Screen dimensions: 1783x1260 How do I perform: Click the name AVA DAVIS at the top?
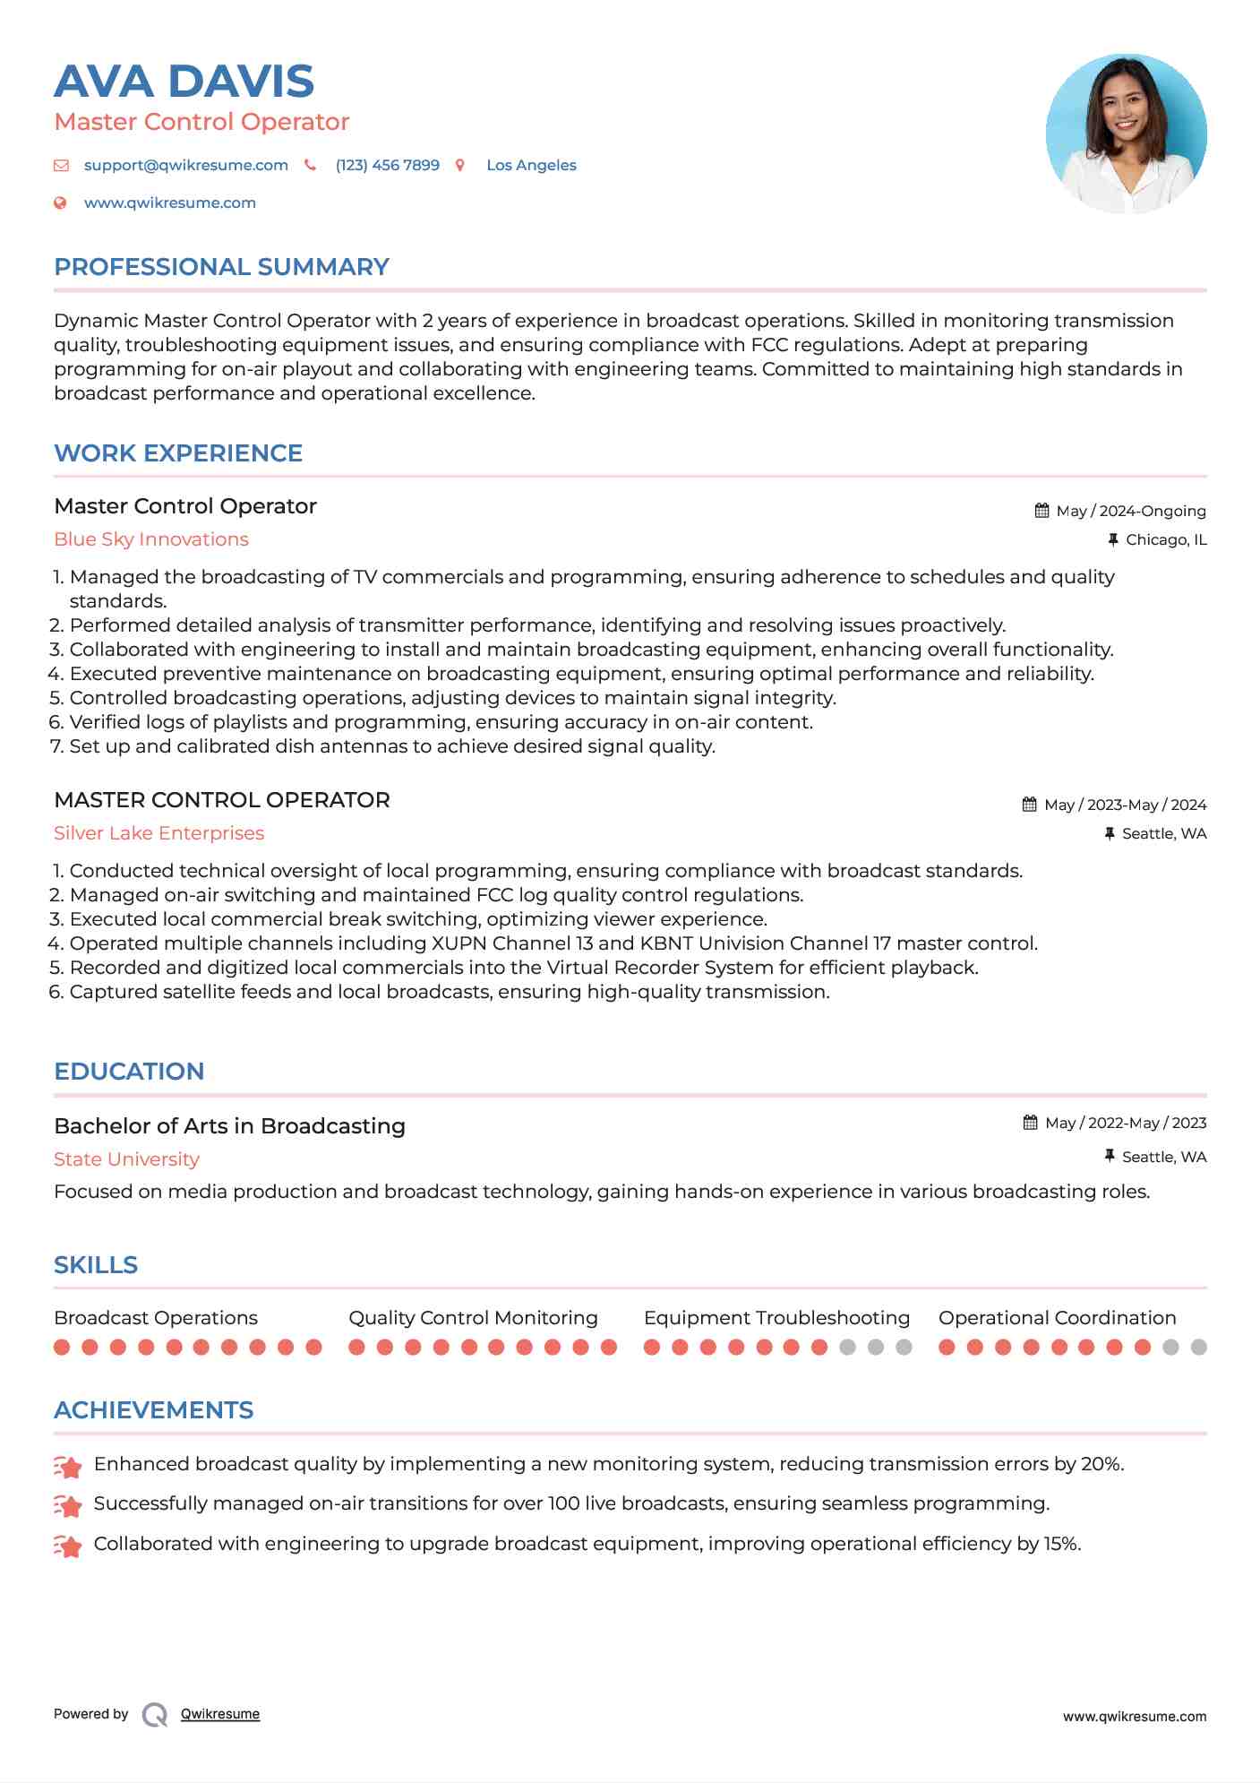click(x=184, y=82)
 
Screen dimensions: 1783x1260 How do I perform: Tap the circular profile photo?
click(x=1126, y=134)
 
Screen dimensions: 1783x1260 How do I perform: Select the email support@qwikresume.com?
click(x=185, y=166)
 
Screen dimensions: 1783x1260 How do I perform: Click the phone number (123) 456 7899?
click(x=387, y=166)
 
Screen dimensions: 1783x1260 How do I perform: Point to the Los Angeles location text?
click(x=531, y=166)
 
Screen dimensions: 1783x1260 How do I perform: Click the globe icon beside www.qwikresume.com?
click(x=61, y=203)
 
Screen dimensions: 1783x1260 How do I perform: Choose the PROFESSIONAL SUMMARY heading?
click(x=221, y=267)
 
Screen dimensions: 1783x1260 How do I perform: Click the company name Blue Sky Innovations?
click(x=151, y=539)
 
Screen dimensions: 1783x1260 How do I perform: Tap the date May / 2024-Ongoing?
click(x=1130, y=512)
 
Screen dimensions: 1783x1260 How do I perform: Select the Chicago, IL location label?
click(x=1165, y=540)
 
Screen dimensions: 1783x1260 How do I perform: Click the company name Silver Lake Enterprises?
click(x=159, y=833)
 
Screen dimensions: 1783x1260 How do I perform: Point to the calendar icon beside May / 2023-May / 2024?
click(x=1030, y=805)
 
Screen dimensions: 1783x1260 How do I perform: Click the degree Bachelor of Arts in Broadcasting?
click(x=229, y=1126)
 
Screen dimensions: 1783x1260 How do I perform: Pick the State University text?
click(x=126, y=1159)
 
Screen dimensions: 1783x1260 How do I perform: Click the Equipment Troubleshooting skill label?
click(x=776, y=1318)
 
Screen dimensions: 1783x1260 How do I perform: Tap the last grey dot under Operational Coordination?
click(x=1198, y=1348)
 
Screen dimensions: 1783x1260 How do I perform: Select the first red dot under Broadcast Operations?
click(x=62, y=1348)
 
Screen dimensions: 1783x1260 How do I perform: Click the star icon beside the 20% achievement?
click(x=68, y=1467)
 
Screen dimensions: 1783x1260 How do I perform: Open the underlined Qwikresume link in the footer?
click(x=219, y=1714)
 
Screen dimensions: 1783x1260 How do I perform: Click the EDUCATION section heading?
click(x=129, y=1072)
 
